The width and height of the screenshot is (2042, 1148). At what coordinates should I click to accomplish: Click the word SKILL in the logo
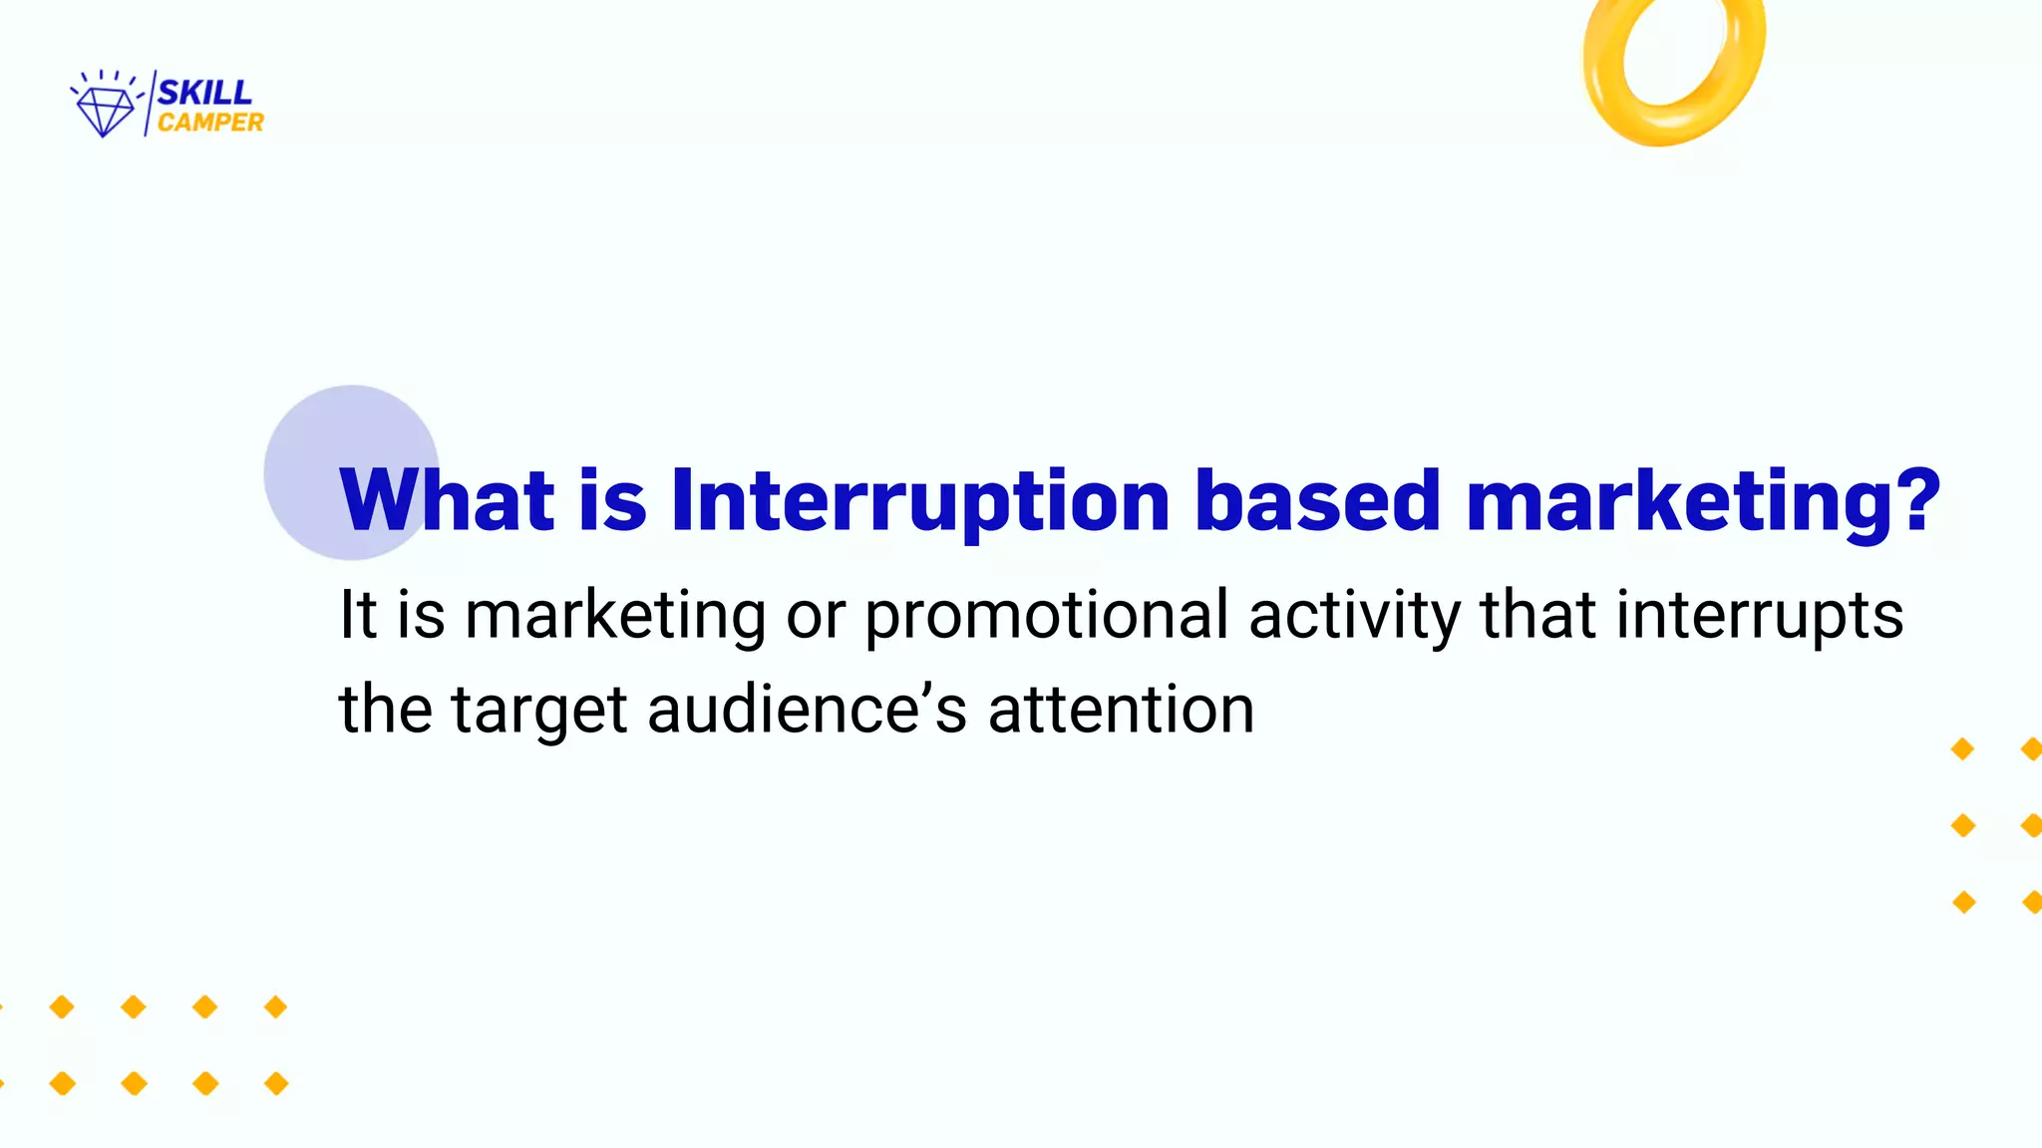(204, 93)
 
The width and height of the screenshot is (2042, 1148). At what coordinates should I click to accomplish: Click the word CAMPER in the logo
(210, 123)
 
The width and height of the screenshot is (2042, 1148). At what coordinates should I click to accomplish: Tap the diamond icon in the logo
(105, 111)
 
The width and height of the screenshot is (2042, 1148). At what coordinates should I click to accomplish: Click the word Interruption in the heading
(919, 500)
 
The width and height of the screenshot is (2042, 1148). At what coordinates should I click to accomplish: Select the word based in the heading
(1317, 500)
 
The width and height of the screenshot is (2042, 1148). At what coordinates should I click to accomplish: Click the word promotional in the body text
(1046, 615)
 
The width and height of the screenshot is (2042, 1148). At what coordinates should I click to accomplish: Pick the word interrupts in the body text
(1759, 615)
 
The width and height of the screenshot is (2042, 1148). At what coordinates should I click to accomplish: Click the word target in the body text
(539, 710)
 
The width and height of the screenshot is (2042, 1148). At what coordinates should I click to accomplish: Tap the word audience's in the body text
(807, 710)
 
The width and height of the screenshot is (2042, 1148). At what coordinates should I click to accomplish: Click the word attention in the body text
(1121, 710)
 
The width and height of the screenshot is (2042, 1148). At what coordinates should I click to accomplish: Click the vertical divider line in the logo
(150, 104)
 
